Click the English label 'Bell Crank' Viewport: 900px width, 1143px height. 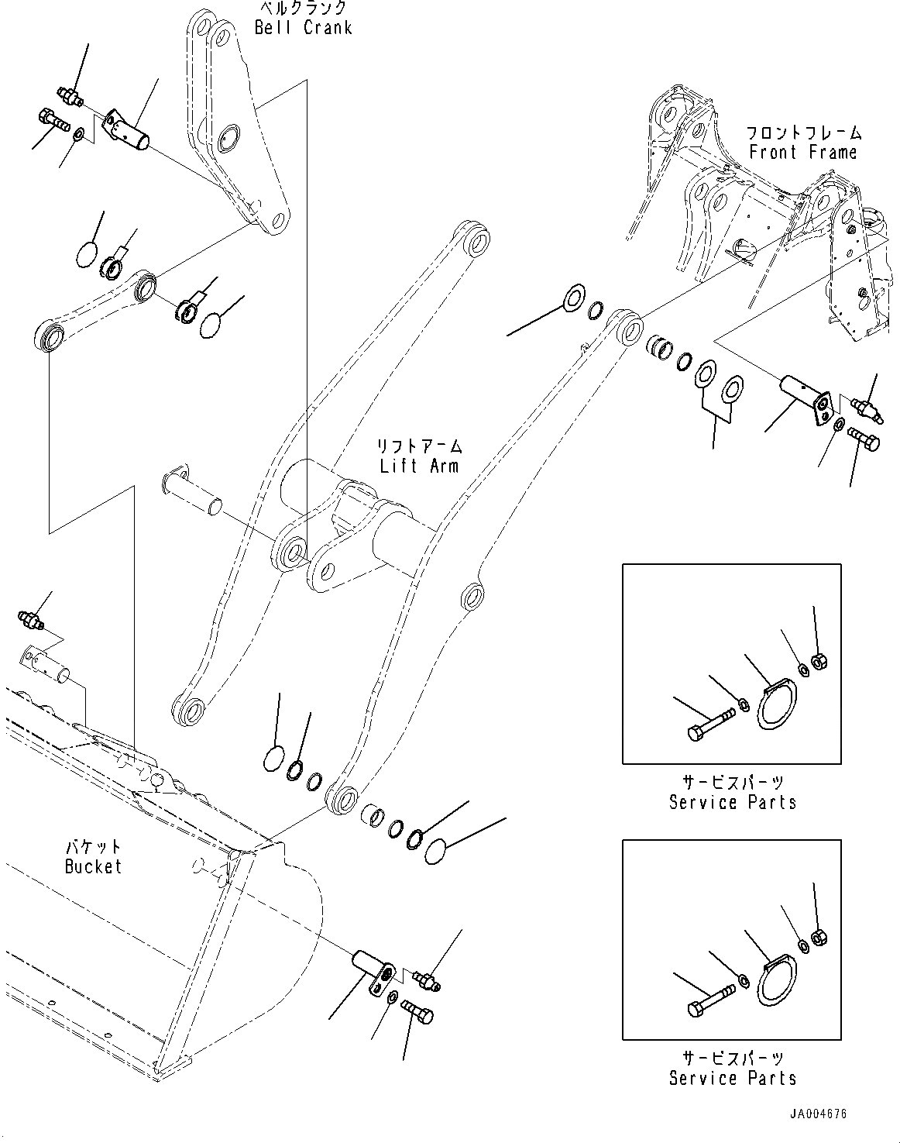click(x=303, y=28)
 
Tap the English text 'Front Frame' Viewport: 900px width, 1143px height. click(x=802, y=152)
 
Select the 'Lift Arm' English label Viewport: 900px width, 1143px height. click(x=418, y=466)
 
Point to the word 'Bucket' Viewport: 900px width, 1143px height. click(x=93, y=866)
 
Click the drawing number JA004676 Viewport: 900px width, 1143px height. click(x=818, y=1114)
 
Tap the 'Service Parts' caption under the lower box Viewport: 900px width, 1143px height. click(x=732, y=1078)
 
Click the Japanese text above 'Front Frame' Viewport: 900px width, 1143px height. click(x=802, y=133)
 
